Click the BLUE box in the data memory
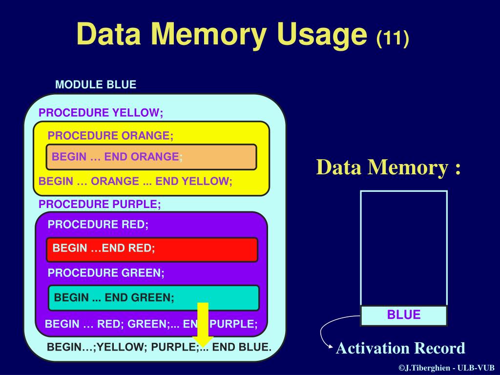(404, 315)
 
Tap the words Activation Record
(400, 348)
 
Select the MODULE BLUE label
(96, 84)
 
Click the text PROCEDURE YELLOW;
(101, 113)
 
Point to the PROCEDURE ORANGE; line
(110, 135)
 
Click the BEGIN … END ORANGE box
(151, 157)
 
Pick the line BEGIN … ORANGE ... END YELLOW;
(135, 181)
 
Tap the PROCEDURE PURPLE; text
(100, 204)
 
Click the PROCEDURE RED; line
(98, 225)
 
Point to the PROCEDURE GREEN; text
(106, 273)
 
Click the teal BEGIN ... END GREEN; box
(153, 297)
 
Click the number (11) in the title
(392, 38)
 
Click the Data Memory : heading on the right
(388, 167)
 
